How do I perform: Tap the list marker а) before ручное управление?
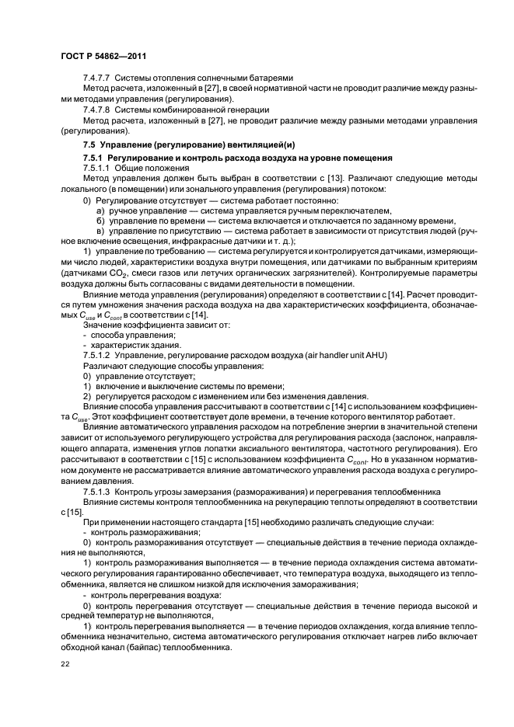[101, 210]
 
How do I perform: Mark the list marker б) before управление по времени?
[101, 221]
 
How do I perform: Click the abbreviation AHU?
[376, 354]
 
